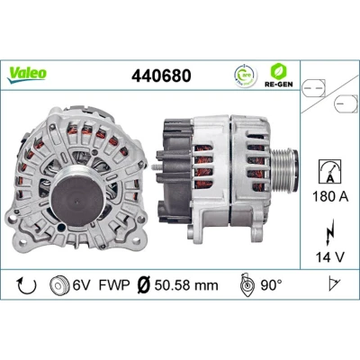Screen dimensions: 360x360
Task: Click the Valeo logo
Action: (x=27, y=75)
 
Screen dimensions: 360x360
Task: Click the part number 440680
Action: (x=161, y=76)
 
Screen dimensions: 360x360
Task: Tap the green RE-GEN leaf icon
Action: (x=278, y=71)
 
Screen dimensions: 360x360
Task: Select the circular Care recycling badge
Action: (x=246, y=76)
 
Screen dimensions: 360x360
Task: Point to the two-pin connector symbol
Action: (x=313, y=88)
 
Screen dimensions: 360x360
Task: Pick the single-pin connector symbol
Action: (x=346, y=103)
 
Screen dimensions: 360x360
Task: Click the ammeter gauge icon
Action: (x=330, y=172)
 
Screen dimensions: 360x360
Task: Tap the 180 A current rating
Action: (x=330, y=197)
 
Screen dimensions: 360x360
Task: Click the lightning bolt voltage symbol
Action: (x=330, y=231)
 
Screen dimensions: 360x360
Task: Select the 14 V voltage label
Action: (x=330, y=257)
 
